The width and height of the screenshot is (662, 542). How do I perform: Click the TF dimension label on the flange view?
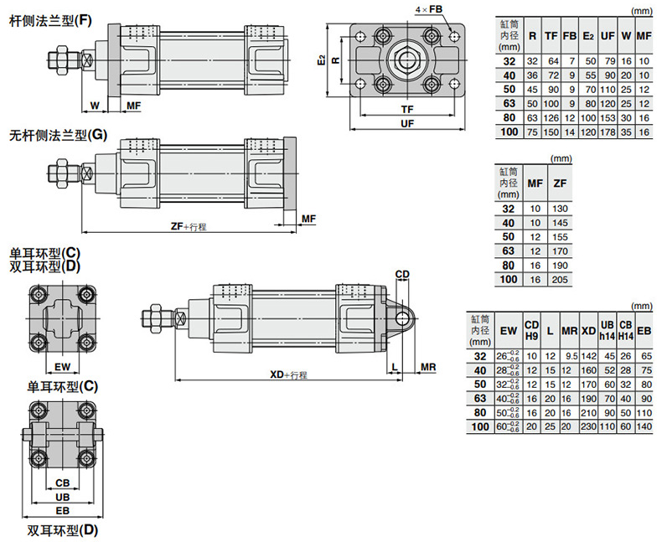(x=407, y=110)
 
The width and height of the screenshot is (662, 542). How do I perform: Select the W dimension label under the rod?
(x=95, y=106)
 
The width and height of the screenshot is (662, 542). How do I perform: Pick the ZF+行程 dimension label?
(x=188, y=225)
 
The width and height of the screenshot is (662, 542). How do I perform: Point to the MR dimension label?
(x=427, y=368)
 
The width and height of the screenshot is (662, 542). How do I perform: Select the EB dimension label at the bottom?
(x=62, y=510)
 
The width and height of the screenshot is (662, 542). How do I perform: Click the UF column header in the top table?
(x=608, y=37)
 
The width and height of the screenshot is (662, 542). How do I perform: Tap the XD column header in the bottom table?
(x=589, y=331)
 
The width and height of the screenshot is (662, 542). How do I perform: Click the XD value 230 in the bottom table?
(x=589, y=427)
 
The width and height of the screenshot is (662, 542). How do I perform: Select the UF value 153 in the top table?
(x=608, y=118)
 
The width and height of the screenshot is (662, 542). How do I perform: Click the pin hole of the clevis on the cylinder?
(x=403, y=318)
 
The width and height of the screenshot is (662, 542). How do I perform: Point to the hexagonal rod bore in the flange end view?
(x=407, y=60)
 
